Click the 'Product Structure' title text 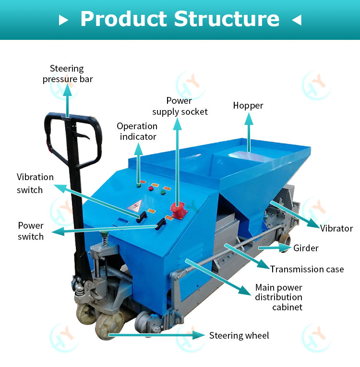coord(180,19)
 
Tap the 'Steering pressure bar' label coord(67,74)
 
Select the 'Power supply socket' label coord(180,106)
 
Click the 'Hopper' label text coord(248,106)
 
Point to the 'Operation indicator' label coord(137,131)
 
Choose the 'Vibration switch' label coord(35,183)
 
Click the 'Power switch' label coord(31,231)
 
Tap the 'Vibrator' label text coord(336,228)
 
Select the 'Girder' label coord(306,248)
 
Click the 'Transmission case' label coord(307,269)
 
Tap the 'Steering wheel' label coord(239,335)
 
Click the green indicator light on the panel coord(163,193)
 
